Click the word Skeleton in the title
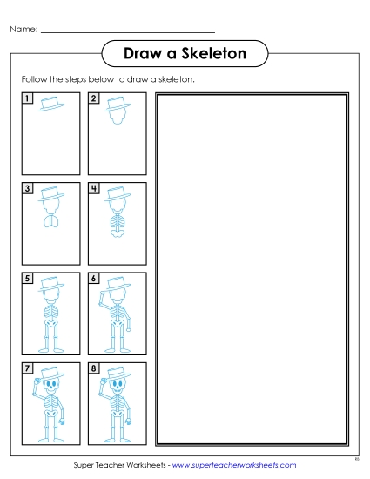pos(213,53)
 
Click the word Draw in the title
pos(143,53)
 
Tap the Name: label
pos(24,30)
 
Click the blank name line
pos(128,31)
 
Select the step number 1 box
pos(28,98)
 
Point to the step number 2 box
pos(94,98)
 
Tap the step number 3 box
pos(28,188)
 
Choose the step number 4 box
pos(94,188)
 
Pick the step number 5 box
pos(28,279)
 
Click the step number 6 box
pos(94,279)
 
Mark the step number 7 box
pos(28,368)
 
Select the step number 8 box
pos(94,368)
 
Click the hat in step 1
pos(51,104)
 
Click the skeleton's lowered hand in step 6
pos(129,329)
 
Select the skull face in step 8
pos(118,387)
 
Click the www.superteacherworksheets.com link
pos(234,465)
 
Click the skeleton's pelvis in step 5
pos(51,323)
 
